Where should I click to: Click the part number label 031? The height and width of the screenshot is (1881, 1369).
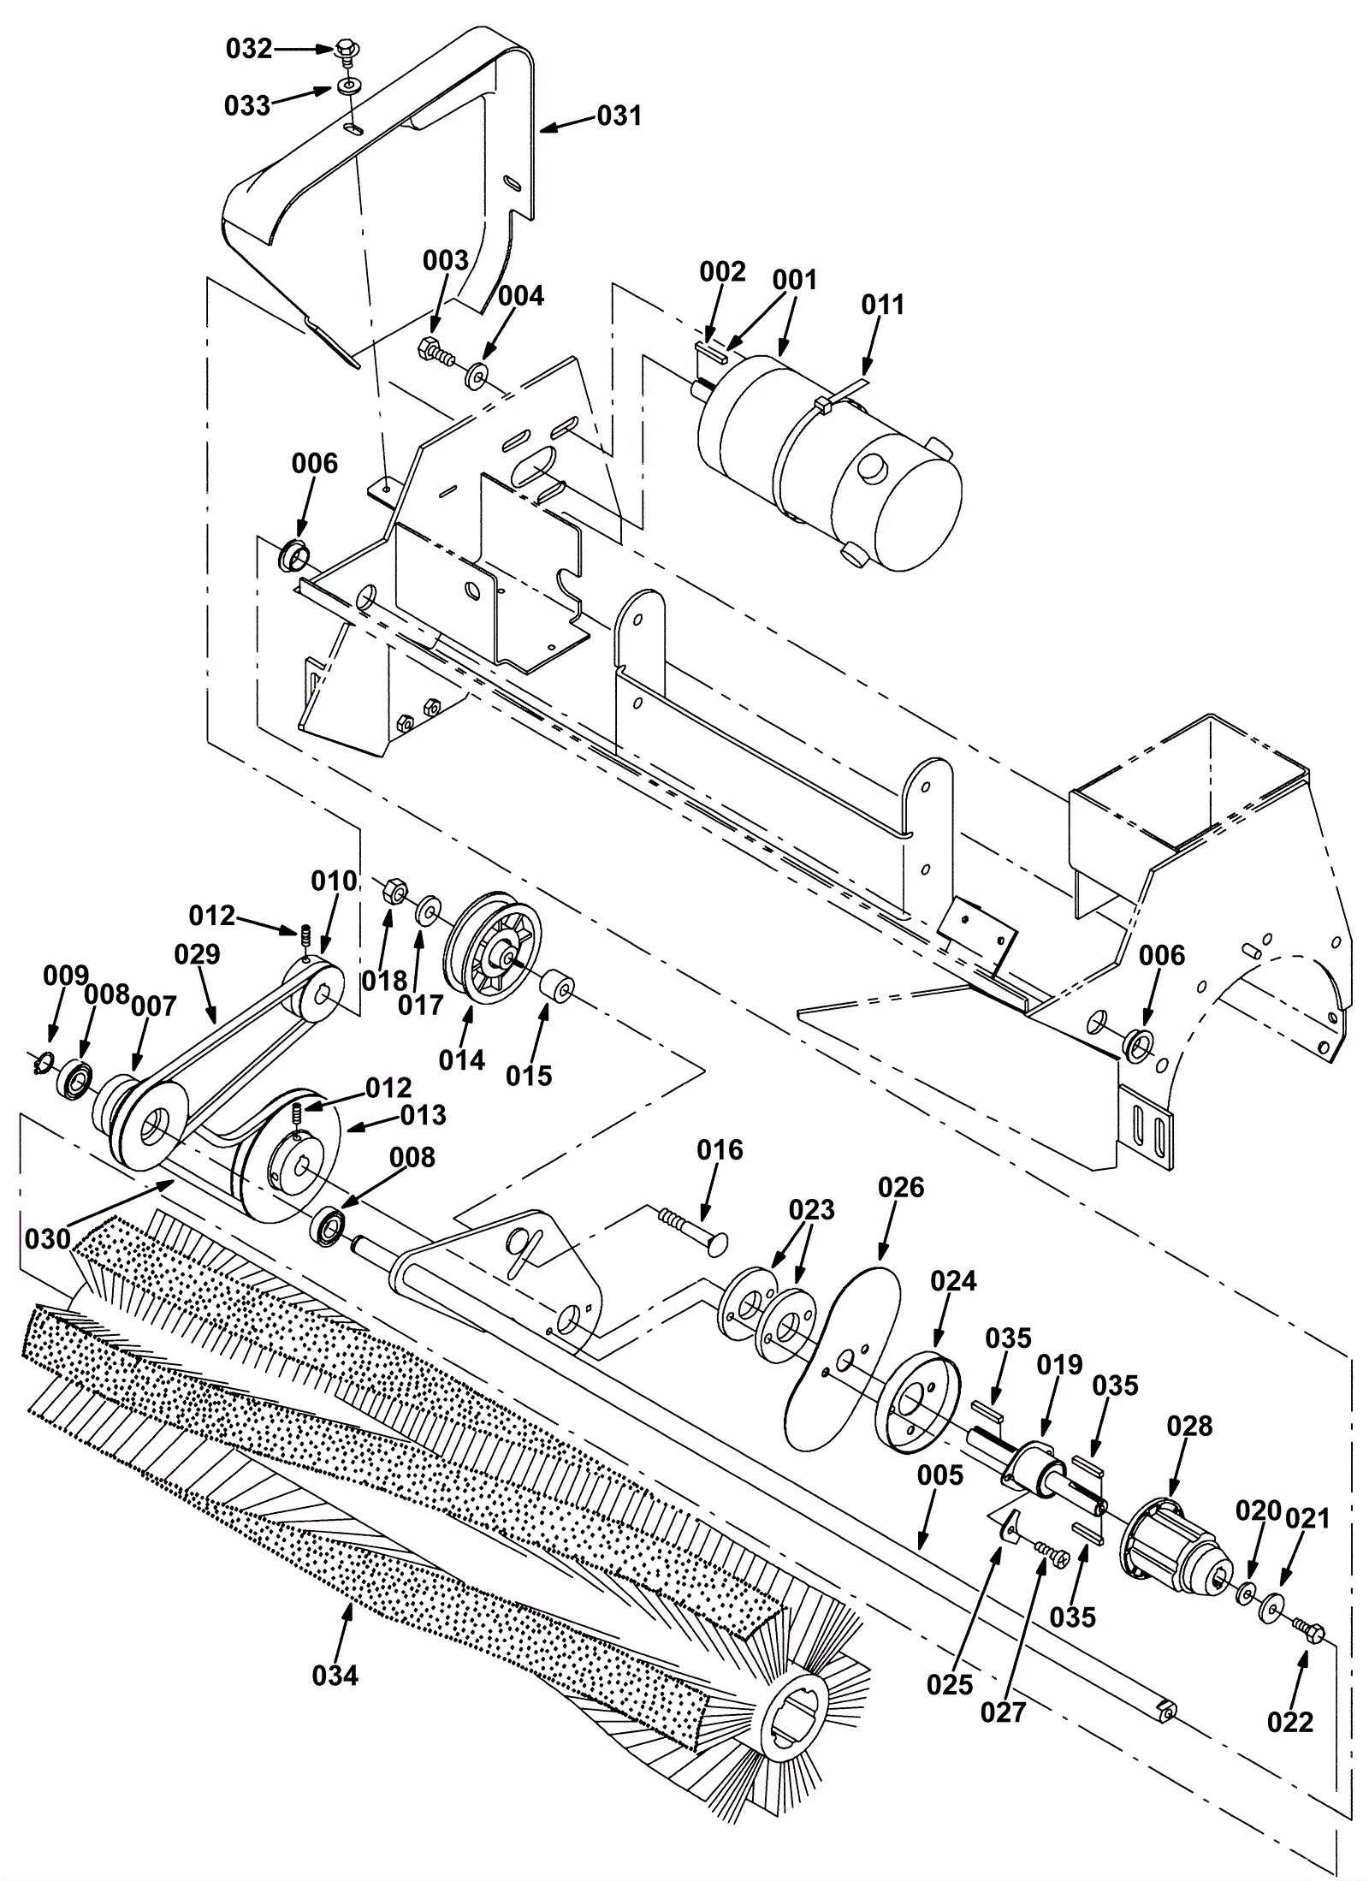point(619,115)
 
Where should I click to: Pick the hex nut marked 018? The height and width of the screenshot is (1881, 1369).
point(395,891)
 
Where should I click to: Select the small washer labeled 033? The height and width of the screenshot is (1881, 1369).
point(349,87)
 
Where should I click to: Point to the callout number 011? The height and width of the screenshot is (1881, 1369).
point(882,304)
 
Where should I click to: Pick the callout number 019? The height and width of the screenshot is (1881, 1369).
point(1059,1364)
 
